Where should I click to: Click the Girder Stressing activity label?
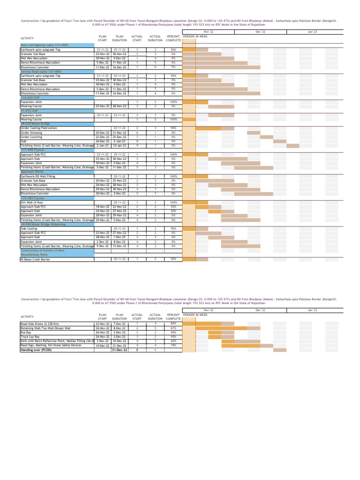point(31,133)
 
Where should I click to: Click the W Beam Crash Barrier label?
point(36,259)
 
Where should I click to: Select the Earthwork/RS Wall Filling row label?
point(38,176)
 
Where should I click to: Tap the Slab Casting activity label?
point(29,228)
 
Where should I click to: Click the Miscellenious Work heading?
point(34,255)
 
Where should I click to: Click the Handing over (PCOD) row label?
point(36,350)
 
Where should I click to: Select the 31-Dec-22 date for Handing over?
point(119,350)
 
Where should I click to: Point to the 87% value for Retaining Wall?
point(173,328)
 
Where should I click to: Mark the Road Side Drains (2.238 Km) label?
point(40,324)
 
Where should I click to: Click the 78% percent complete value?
point(173,345)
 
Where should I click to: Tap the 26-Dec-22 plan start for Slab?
point(103,141)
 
